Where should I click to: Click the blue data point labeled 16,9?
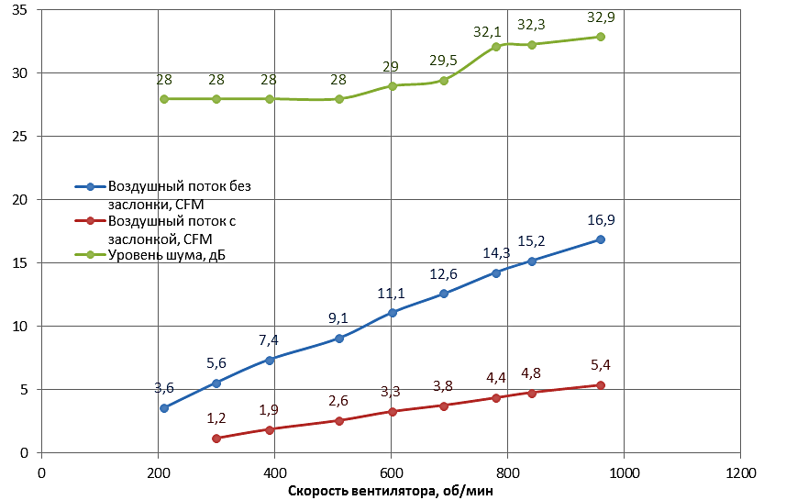pyautogui.click(x=601, y=239)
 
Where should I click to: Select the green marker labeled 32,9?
pyautogui.click(x=601, y=37)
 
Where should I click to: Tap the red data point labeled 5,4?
pyautogui.click(x=601, y=385)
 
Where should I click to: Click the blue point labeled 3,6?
pyautogui.click(x=164, y=408)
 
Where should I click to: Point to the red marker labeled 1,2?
pyautogui.click(x=216, y=439)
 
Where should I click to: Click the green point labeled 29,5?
pyautogui.click(x=444, y=81)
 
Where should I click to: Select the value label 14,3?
pyautogui.click(x=496, y=253)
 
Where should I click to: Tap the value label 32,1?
pyautogui.click(x=488, y=31)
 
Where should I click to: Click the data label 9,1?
pyautogui.click(x=338, y=319)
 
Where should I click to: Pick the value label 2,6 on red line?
pyautogui.click(x=338, y=401)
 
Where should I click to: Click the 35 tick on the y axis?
pyautogui.click(x=18, y=11)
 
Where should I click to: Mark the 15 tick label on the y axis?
pyautogui.click(x=18, y=263)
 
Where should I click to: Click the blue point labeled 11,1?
pyautogui.click(x=392, y=313)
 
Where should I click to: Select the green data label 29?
pyautogui.click(x=391, y=67)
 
